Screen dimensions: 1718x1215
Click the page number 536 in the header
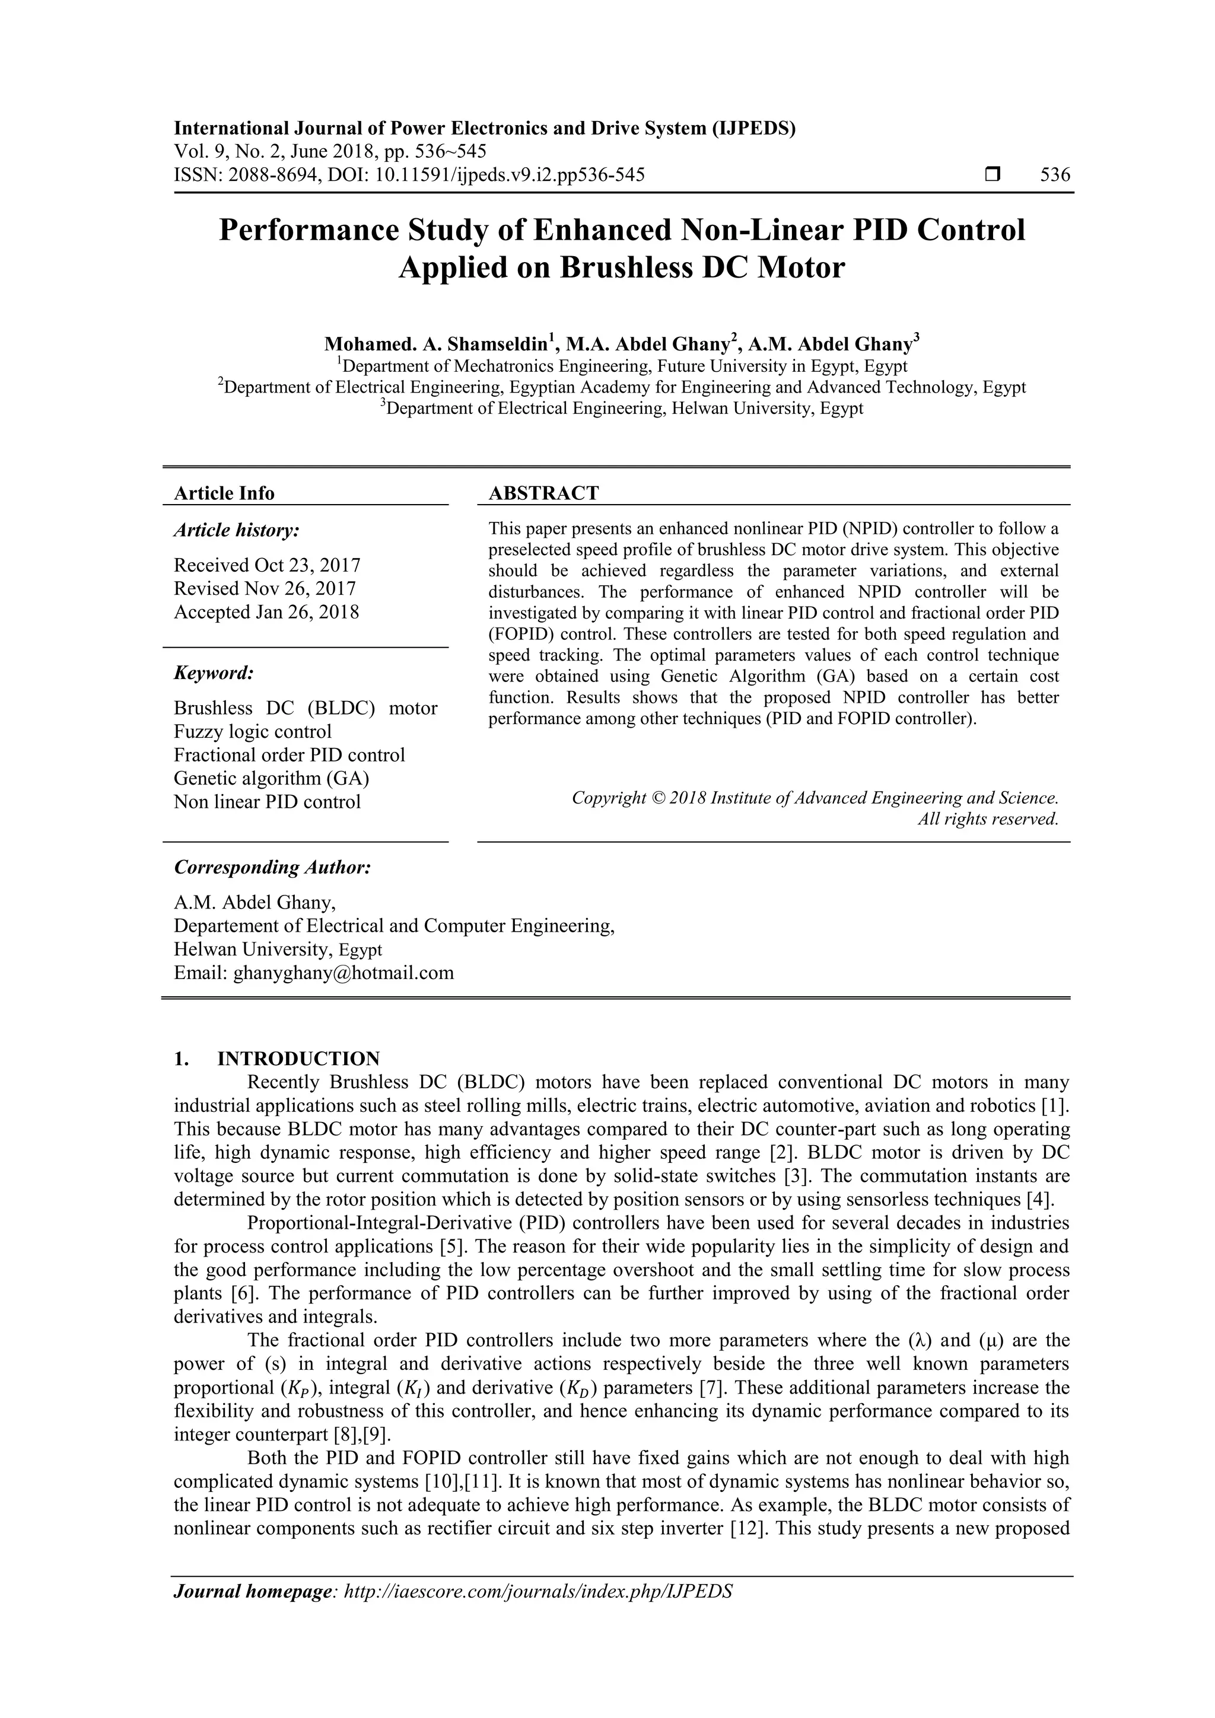click(1055, 175)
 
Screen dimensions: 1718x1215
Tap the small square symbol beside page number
click(993, 175)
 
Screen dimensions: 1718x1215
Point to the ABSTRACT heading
click(543, 493)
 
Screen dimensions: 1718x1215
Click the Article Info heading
click(224, 493)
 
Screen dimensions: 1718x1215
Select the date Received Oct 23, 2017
click(267, 565)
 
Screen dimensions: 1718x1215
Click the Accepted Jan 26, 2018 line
click(266, 612)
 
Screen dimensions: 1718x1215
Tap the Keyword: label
click(214, 672)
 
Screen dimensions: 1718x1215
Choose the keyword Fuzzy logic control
click(252, 732)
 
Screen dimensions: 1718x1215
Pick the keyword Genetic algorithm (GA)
click(272, 778)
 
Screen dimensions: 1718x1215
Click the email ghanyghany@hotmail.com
click(343, 973)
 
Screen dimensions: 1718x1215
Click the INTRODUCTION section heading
click(298, 1059)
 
